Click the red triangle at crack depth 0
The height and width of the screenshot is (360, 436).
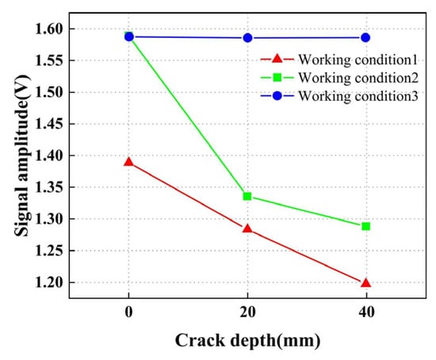click(x=128, y=162)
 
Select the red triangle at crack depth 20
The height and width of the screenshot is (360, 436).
click(x=247, y=228)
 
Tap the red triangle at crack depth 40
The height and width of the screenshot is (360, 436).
click(x=365, y=282)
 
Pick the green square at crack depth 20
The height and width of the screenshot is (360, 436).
click(x=247, y=196)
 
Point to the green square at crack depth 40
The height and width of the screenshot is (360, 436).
click(x=365, y=226)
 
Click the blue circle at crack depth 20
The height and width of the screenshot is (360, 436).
click(x=247, y=37)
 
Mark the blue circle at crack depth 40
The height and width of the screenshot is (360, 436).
click(x=365, y=37)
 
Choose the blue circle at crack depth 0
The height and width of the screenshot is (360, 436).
click(x=128, y=36)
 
